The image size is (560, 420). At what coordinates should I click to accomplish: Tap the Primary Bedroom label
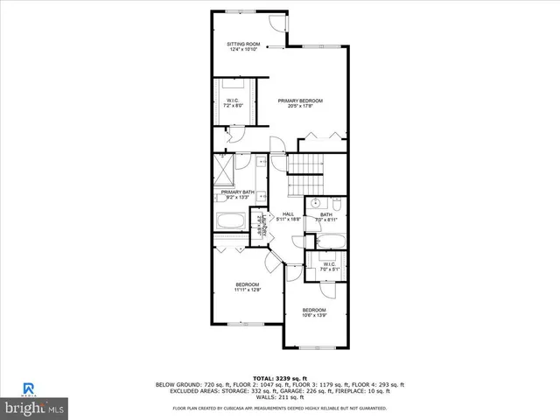click(x=301, y=103)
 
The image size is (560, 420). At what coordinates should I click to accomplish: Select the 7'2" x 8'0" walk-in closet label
click(x=234, y=103)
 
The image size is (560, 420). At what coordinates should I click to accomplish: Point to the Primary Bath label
click(x=237, y=194)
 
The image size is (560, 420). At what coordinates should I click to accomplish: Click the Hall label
click(x=289, y=216)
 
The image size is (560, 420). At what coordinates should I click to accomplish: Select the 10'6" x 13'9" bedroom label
click(x=314, y=312)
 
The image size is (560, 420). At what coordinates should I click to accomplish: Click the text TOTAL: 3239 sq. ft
click(x=280, y=377)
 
